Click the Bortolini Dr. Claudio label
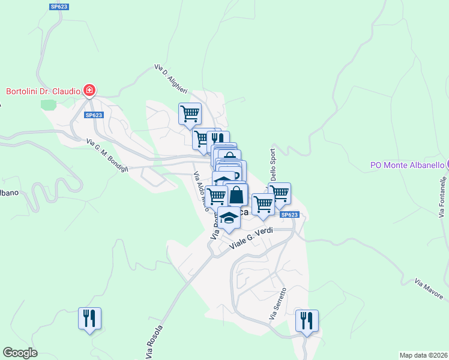coord(43,92)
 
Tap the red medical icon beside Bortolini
coord(89,91)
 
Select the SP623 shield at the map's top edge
coord(59,7)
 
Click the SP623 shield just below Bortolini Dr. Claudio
coord(94,115)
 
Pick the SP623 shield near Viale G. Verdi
coord(289,215)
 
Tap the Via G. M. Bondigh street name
coord(108,156)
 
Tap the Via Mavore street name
coord(429,289)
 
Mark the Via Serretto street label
coord(279,304)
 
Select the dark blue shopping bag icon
coord(237,195)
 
